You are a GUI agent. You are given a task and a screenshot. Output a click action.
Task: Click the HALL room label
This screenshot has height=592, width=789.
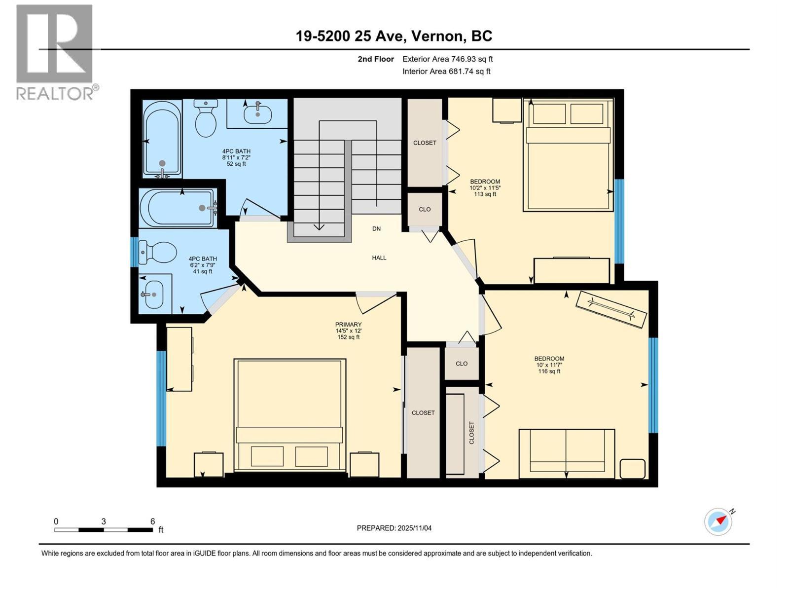point(379,258)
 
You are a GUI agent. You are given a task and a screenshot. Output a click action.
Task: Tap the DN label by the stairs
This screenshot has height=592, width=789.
point(376,229)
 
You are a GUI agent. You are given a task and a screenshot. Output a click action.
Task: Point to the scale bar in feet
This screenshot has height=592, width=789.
point(104,530)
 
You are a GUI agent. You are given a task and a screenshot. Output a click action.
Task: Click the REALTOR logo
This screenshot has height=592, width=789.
point(55,52)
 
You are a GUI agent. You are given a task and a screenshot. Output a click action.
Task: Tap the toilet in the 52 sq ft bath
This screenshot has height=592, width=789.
point(206,118)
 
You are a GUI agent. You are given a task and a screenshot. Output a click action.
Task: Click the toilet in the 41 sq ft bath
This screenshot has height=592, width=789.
point(158,252)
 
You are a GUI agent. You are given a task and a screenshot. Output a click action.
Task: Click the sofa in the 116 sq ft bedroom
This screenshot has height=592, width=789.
point(566,453)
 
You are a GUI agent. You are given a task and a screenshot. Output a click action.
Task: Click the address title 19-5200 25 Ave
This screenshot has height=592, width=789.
point(394,36)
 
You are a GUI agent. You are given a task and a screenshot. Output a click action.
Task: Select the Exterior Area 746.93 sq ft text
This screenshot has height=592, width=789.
point(447,59)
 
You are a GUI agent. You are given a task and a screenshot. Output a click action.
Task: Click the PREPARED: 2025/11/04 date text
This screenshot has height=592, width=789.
point(394,528)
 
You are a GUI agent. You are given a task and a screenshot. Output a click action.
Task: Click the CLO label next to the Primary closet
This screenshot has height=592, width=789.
point(461,364)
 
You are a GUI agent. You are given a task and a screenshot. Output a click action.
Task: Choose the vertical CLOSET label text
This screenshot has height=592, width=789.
point(471,433)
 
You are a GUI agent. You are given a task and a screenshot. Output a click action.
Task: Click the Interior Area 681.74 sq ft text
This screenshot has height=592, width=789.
point(446,71)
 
